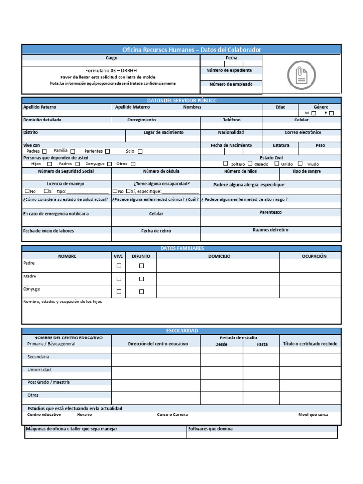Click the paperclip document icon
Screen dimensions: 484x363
(301, 75)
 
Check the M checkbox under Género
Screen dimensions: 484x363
(314, 113)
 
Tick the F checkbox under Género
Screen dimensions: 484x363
(331, 113)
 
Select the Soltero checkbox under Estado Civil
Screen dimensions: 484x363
(225, 164)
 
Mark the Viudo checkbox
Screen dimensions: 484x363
(300, 164)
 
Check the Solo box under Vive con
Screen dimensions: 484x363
(140, 151)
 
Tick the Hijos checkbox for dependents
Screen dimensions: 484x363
(50, 164)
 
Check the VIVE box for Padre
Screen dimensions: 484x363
(119, 266)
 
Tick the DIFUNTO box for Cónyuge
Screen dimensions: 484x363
(141, 292)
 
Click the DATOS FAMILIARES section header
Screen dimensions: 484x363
(181, 248)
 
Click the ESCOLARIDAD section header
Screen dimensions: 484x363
(181, 331)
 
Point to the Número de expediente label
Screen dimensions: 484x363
(229, 70)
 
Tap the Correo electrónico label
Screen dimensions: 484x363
(303, 133)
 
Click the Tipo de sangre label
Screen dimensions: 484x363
(306, 171)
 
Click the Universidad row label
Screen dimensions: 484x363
(39, 370)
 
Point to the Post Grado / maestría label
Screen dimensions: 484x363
(49, 382)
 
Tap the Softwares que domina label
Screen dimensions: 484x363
(210, 429)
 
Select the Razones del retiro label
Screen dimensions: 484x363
(270, 230)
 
